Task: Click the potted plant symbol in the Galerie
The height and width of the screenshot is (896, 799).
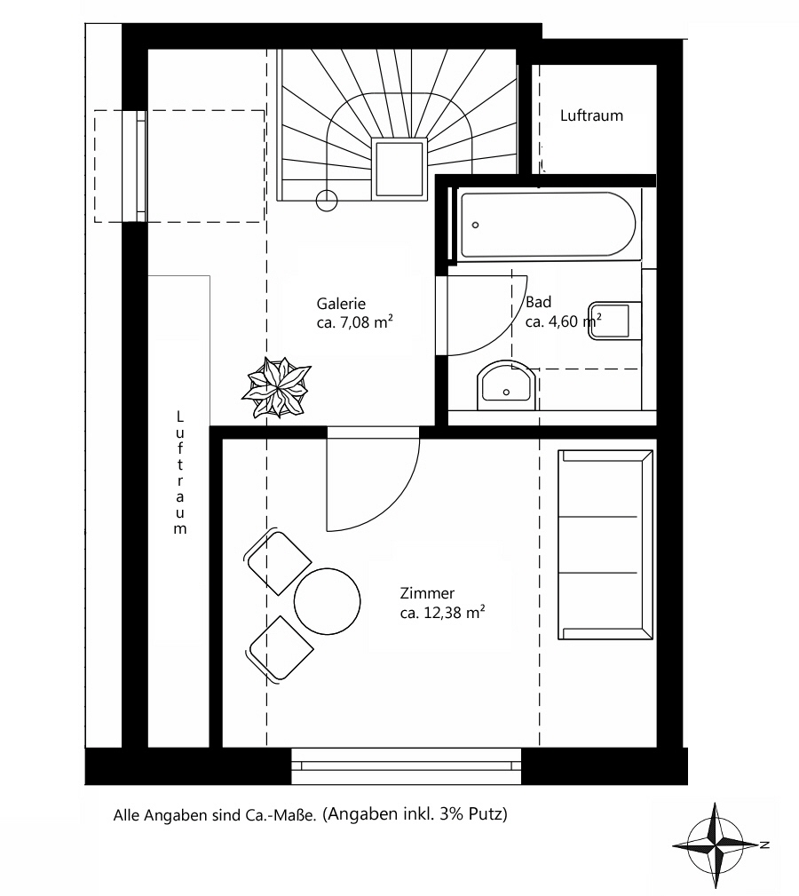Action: click(278, 386)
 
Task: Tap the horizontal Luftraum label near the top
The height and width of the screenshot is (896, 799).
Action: click(591, 115)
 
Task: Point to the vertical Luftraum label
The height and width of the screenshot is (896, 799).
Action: click(180, 472)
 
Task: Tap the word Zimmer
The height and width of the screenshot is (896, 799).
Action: click(427, 593)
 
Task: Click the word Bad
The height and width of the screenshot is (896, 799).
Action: click(538, 302)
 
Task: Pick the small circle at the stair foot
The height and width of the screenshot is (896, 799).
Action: click(326, 201)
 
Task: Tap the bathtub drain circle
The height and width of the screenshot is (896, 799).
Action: click(476, 225)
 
